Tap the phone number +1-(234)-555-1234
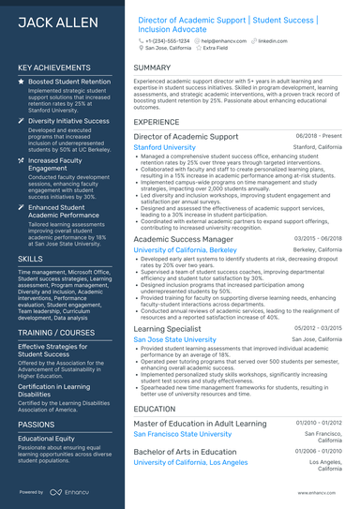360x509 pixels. [x=168, y=41]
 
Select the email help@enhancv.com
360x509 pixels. [x=221, y=41]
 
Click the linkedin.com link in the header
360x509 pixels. [x=273, y=41]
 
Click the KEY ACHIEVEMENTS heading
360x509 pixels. [x=55, y=68]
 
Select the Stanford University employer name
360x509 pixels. [x=172, y=147]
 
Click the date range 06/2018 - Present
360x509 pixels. [x=319, y=136]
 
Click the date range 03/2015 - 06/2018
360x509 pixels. [x=320, y=239]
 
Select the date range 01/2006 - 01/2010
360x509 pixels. [x=320, y=451]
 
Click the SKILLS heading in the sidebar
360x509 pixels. [x=30, y=258]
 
